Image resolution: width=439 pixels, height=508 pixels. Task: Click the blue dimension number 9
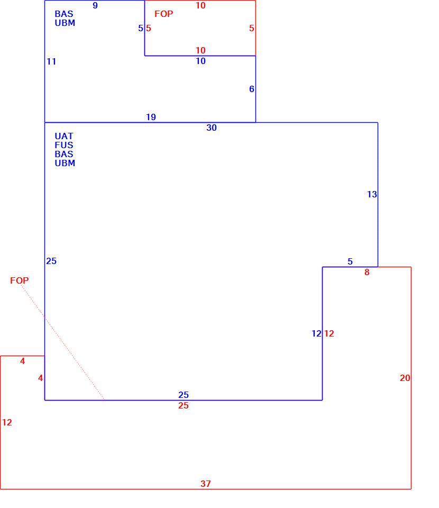(x=95, y=5)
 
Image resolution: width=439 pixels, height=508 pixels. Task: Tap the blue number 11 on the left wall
(x=51, y=61)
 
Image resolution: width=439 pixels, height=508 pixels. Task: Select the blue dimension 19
(x=151, y=117)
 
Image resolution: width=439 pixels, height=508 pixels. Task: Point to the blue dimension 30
(x=212, y=128)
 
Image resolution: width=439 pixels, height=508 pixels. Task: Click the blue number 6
(x=252, y=89)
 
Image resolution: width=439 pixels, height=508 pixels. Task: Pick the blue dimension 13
(x=372, y=194)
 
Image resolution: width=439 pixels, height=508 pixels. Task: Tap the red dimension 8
(x=367, y=272)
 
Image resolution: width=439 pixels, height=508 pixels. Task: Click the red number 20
(x=405, y=378)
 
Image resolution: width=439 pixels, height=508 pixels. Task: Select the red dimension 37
(x=206, y=484)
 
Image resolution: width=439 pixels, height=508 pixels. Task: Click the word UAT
(x=64, y=136)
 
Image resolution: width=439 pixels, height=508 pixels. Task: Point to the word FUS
(x=64, y=145)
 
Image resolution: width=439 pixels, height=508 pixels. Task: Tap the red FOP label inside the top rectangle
(x=163, y=14)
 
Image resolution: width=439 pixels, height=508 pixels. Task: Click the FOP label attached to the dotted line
(x=19, y=280)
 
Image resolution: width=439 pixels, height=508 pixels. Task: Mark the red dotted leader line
(x=62, y=342)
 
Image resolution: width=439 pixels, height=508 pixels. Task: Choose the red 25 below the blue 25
(x=183, y=406)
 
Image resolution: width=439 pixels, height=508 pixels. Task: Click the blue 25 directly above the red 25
(x=183, y=395)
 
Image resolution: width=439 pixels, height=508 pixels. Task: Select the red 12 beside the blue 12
(x=329, y=334)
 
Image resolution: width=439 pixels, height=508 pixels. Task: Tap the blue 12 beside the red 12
(x=316, y=334)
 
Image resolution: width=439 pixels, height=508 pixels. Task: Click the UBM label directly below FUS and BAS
(x=65, y=164)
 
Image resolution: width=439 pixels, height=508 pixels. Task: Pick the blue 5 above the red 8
(x=350, y=261)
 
